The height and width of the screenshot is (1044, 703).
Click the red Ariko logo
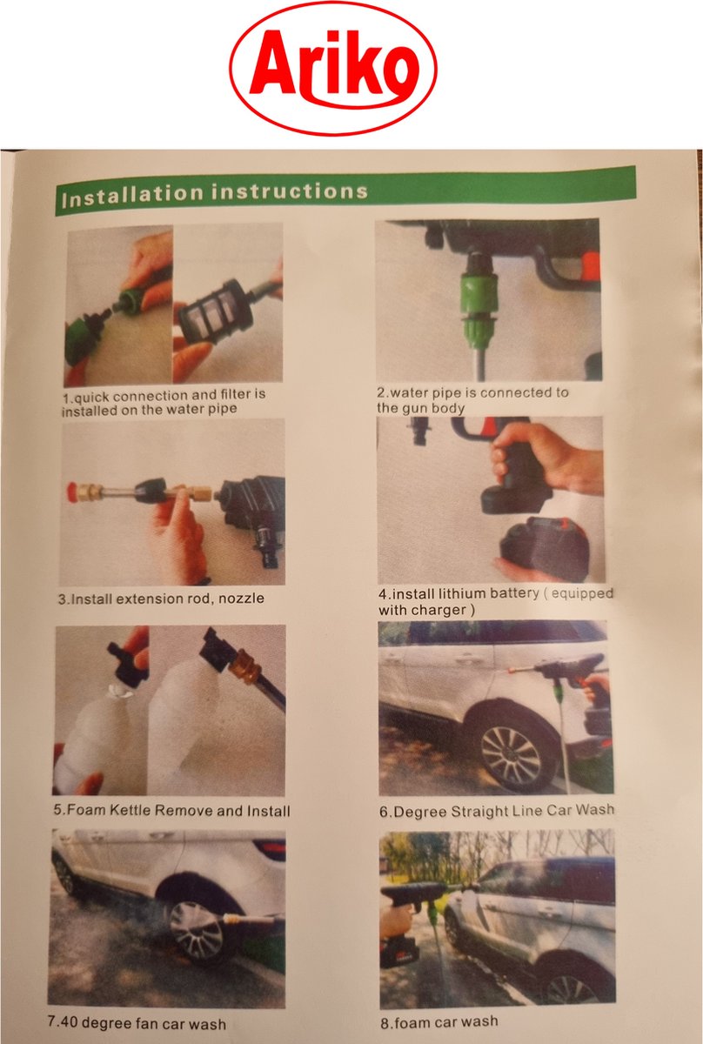(333, 69)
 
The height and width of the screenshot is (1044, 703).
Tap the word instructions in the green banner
(290, 191)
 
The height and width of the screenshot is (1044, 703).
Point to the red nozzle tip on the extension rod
(72, 492)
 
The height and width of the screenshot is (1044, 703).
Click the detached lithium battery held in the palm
(544, 541)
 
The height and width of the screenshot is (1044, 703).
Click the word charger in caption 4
(444, 610)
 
